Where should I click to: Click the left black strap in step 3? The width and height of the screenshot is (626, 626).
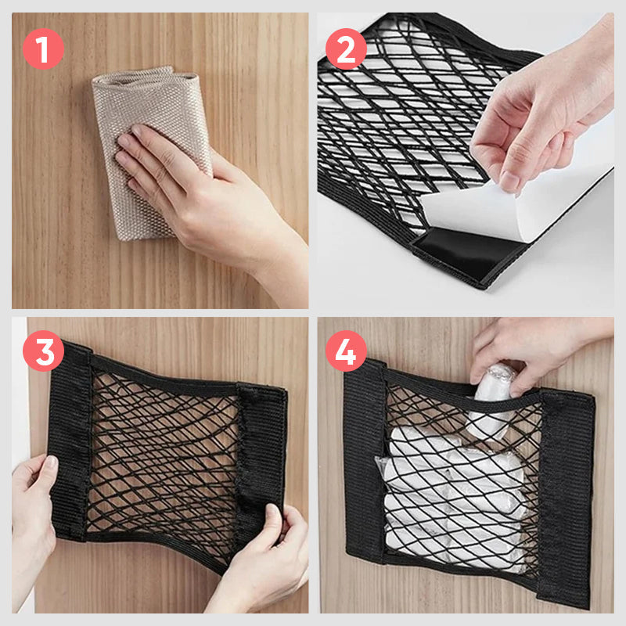coord(69,438)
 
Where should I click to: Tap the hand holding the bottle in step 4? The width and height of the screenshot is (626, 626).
coord(532,352)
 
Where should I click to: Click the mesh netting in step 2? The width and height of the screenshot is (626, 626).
coord(391,117)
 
